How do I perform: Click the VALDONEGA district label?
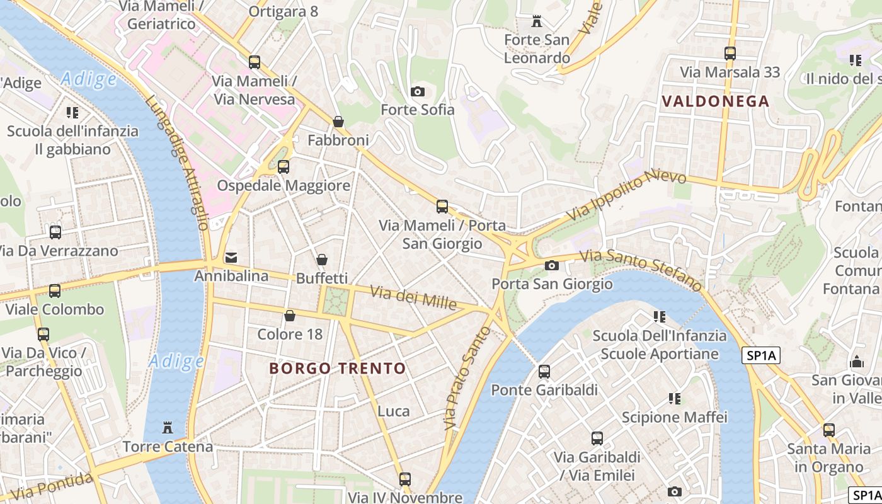pos(716,101)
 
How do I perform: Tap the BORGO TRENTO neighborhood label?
pos(338,369)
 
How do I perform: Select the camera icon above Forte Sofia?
pos(417,92)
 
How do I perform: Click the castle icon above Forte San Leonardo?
pos(537,21)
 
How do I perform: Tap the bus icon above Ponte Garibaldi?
pos(544,372)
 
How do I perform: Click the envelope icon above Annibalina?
pos(231,258)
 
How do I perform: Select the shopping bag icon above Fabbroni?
pos(338,122)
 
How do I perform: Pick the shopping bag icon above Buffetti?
pos(322,260)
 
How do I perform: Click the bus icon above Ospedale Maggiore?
pos(283,167)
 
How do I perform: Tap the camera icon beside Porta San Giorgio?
pos(552,266)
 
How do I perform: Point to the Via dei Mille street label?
pos(413,297)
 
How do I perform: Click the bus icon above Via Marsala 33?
pos(730,54)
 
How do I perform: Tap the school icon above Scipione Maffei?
pos(675,399)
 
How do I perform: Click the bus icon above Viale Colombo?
pos(55,291)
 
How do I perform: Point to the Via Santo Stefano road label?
pos(641,270)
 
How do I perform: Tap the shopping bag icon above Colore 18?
pos(290,316)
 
